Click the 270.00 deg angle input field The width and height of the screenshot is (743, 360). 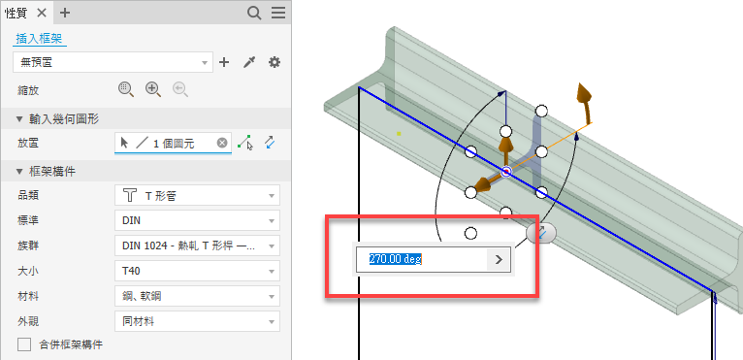pyautogui.click(x=421, y=259)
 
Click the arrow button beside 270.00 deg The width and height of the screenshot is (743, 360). pyautogui.click(x=499, y=259)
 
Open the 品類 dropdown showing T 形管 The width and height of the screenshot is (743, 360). pyautogui.click(x=197, y=195)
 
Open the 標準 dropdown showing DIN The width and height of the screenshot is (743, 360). pyautogui.click(x=197, y=220)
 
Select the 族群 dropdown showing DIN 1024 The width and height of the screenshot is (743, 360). pyautogui.click(x=197, y=245)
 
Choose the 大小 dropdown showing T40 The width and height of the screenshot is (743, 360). pyautogui.click(x=197, y=272)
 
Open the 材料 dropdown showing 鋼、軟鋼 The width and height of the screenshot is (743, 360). pyautogui.click(x=197, y=297)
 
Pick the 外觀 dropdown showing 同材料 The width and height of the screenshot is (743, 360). pyautogui.click(x=197, y=321)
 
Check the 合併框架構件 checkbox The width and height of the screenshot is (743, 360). pyautogui.click(x=24, y=344)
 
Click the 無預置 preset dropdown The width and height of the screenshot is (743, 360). pyautogui.click(x=113, y=62)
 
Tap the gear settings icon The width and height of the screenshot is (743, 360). pyautogui.click(x=275, y=62)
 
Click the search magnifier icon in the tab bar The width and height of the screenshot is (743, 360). pyautogui.click(x=254, y=14)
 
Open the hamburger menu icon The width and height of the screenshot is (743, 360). pyautogui.click(x=278, y=13)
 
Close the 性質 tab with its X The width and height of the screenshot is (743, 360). pyautogui.click(x=42, y=13)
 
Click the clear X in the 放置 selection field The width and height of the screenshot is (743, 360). pyautogui.click(x=222, y=143)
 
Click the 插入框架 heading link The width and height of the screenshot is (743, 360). pyautogui.click(x=40, y=39)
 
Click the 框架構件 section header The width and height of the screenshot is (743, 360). pyautogui.click(x=46, y=171)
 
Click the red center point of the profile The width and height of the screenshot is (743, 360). pyautogui.click(x=506, y=171)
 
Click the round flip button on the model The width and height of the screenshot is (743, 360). pyautogui.click(x=541, y=233)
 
